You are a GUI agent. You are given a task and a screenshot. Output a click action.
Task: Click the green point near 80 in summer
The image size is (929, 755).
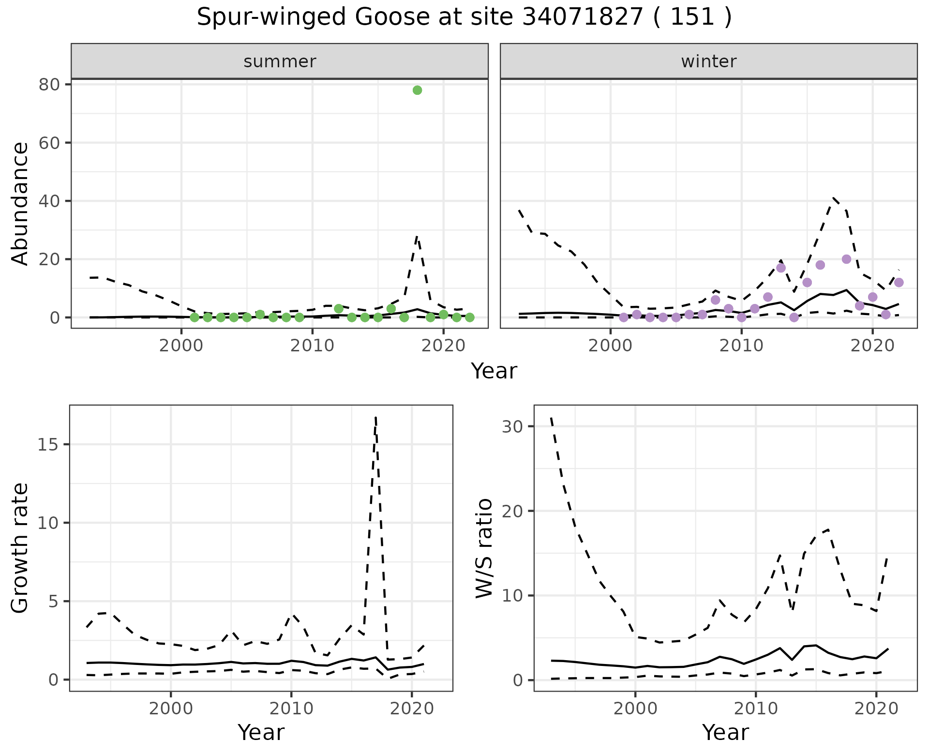[x=417, y=90]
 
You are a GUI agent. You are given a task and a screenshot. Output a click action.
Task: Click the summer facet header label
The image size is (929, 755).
[x=280, y=61]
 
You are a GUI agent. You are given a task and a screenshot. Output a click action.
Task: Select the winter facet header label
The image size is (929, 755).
[x=708, y=61]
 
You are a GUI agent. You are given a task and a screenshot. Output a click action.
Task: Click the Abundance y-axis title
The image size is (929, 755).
[x=20, y=203]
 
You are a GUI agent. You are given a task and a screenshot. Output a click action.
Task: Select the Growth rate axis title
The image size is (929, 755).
[x=20, y=548]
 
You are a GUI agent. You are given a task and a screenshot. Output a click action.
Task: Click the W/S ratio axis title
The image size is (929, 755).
[x=484, y=548]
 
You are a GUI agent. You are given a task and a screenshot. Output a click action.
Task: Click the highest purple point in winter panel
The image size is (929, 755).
[x=846, y=259]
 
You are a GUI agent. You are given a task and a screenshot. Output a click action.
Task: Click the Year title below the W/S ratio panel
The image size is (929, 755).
[x=725, y=733]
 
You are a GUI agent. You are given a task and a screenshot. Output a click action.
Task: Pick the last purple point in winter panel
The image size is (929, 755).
[x=899, y=283]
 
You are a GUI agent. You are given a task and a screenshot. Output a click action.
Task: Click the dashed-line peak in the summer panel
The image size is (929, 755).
[x=417, y=236]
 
